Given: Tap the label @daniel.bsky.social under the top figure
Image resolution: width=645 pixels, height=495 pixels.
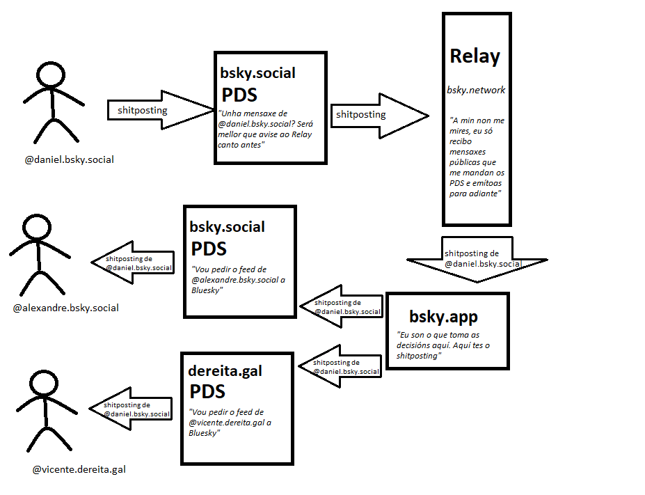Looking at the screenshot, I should pyautogui.click(x=69, y=159).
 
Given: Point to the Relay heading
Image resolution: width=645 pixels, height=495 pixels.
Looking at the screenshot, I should pyautogui.click(x=475, y=56).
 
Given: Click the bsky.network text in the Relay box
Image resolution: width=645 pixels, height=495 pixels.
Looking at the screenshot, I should pyautogui.click(x=476, y=90).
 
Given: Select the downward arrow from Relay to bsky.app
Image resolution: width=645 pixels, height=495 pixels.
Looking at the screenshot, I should pyautogui.click(x=477, y=260).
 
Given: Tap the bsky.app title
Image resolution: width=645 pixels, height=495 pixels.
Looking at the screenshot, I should pyautogui.click(x=443, y=317).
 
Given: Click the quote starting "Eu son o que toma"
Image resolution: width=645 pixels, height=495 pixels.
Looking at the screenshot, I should pyautogui.click(x=443, y=345).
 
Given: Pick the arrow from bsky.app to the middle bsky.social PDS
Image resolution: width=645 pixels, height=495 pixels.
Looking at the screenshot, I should pyautogui.click(x=342, y=307).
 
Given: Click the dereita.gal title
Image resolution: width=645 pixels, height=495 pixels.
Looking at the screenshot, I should pyautogui.click(x=225, y=371).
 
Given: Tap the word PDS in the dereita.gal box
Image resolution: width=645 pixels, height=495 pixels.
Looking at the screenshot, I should pyautogui.click(x=208, y=391).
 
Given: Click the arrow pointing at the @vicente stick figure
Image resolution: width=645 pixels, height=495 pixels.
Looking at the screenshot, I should pyautogui.click(x=131, y=409).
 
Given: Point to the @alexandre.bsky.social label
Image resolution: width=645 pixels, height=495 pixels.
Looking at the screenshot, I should pyautogui.click(x=66, y=308).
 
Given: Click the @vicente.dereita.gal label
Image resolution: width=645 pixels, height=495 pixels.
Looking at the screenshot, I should pyautogui.click(x=79, y=470).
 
